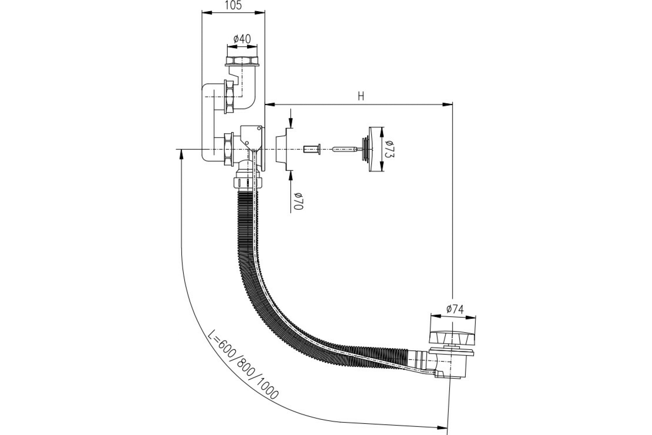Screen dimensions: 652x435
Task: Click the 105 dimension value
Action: coord(233,5)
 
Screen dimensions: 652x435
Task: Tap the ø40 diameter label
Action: coord(242,39)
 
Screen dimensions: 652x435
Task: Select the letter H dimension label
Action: coord(361,96)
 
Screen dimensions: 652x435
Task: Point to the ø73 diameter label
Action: coord(390,149)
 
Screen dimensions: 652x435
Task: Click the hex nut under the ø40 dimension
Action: coord(242,60)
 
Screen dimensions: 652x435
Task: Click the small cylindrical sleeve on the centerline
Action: coord(312,150)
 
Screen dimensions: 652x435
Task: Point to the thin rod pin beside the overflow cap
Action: coord(347,150)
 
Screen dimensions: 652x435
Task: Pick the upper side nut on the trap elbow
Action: coord(229,97)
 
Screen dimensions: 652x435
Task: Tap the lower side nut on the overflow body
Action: coord(229,149)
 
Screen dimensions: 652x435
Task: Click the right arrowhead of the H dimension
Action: coord(447,105)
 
